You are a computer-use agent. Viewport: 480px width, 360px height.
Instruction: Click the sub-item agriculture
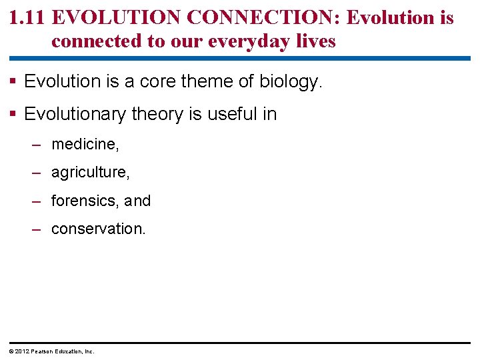pos(90,173)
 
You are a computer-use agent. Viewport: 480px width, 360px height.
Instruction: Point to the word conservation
pos(98,229)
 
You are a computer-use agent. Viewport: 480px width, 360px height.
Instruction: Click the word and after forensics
pos(137,201)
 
